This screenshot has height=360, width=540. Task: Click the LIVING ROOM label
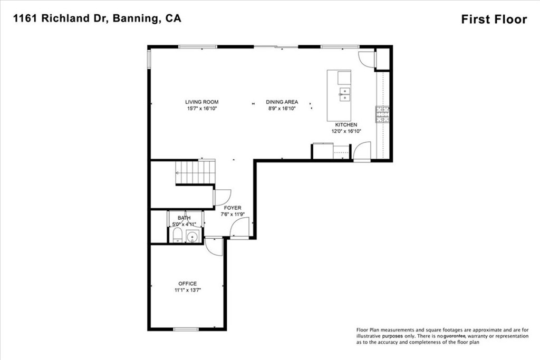pyautogui.click(x=201, y=102)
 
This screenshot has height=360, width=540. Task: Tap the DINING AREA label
pyautogui.click(x=282, y=102)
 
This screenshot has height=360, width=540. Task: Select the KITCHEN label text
pyautogui.click(x=346, y=124)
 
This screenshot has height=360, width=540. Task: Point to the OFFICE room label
pyautogui.click(x=187, y=284)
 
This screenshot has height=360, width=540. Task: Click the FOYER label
pyautogui.click(x=233, y=208)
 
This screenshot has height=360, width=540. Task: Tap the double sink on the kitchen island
pyautogui.click(x=344, y=94)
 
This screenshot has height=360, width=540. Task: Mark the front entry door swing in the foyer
pyautogui.click(x=239, y=228)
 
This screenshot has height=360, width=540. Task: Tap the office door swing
pyautogui.click(x=215, y=247)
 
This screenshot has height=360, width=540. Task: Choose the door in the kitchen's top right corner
pyautogui.click(x=366, y=60)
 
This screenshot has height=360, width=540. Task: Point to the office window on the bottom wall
pyautogui.click(x=186, y=329)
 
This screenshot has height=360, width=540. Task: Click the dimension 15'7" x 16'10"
pyautogui.click(x=201, y=109)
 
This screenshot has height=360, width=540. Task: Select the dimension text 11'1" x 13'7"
pyautogui.click(x=187, y=290)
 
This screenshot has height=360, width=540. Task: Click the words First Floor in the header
pyautogui.click(x=494, y=20)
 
